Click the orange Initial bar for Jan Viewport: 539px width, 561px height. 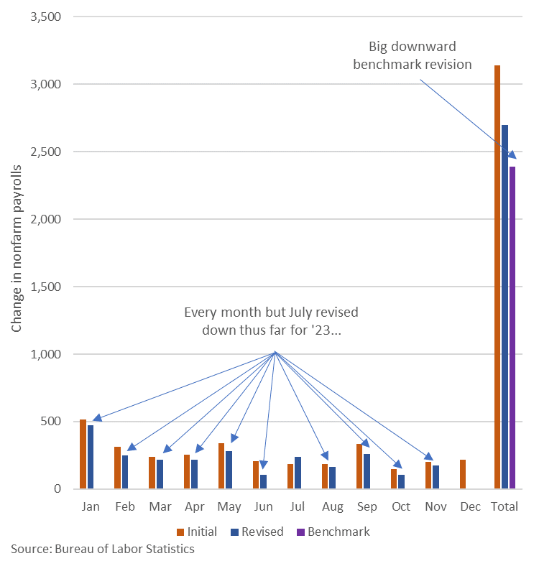[x=83, y=454]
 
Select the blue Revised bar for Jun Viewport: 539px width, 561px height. [x=263, y=481]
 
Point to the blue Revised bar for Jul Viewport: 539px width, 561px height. [x=298, y=473]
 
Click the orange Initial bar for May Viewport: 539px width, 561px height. [x=221, y=465]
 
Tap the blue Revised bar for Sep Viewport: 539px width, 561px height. [x=367, y=471]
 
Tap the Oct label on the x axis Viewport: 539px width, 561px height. [x=401, y=506]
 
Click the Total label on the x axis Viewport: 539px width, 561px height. [x=505, y=506]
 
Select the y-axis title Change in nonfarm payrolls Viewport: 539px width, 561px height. [x=17, y=248]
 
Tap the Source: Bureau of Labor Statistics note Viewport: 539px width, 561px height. [x=103, y=550]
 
